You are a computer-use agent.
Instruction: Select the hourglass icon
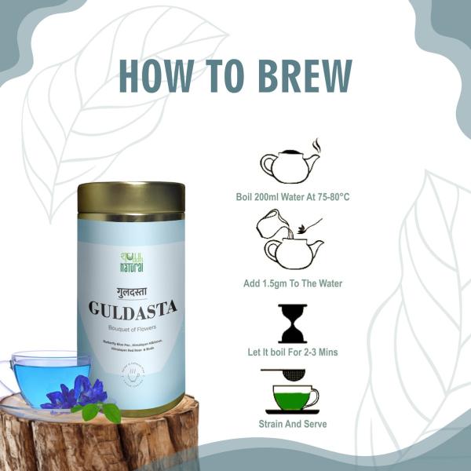pos(293,323)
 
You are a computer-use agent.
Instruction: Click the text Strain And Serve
pos(292,425)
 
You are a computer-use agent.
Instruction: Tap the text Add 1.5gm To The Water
pos(292,283)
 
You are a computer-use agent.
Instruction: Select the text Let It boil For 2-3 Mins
pos(293,352)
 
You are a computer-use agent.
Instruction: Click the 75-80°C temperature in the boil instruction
pos(330,196)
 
